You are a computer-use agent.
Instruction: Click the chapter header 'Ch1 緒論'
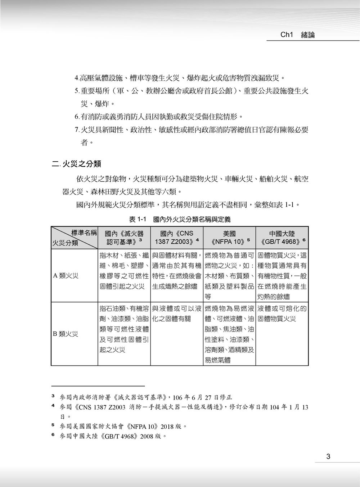297,35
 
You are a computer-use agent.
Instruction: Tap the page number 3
328,457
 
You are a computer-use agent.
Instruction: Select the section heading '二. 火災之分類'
76,164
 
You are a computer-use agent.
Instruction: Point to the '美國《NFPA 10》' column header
229,238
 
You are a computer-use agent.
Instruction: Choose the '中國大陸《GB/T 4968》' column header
282,238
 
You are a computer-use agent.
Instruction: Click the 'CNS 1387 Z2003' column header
177,238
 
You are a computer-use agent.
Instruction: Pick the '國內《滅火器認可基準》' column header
124,238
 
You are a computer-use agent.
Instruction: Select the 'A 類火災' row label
66,276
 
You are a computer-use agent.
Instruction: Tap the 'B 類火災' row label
66,334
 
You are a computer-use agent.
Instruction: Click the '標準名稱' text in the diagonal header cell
84,233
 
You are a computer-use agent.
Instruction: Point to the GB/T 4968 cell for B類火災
282,314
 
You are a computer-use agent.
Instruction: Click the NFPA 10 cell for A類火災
229,276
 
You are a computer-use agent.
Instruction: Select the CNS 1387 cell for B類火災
177,314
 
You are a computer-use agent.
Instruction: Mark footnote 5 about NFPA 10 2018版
122,427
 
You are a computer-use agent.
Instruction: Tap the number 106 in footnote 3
178,398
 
